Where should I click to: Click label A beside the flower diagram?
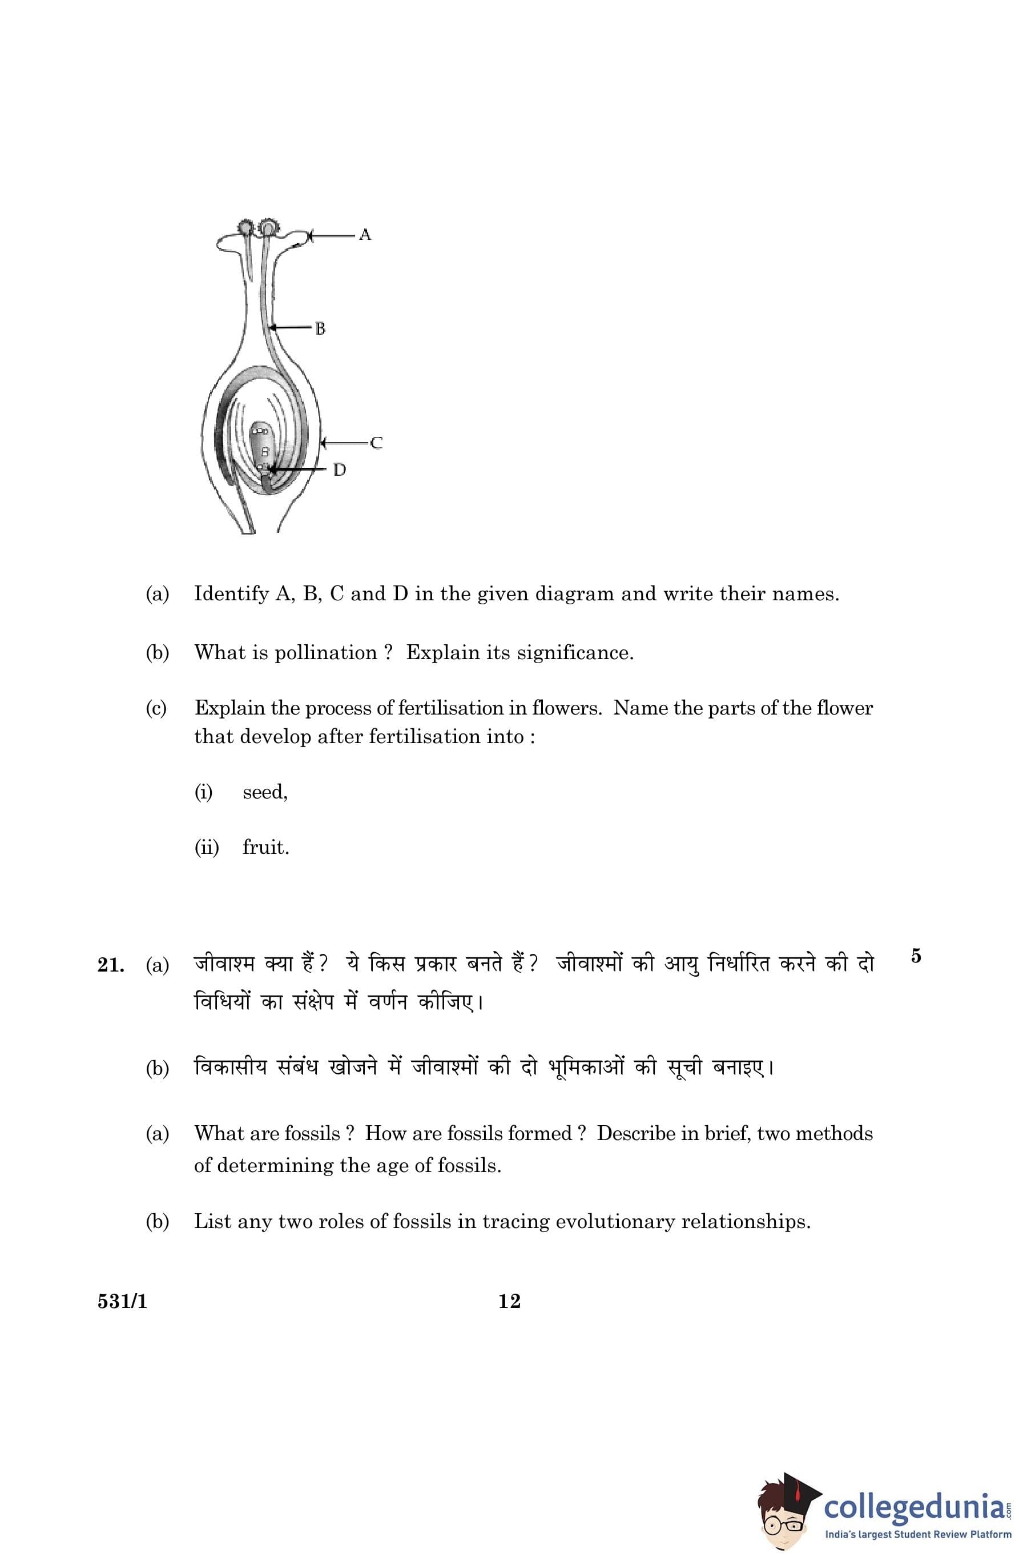(365, 234)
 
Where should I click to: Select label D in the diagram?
(340, 469)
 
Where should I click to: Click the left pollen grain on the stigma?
(246, 228)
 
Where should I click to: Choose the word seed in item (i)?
(264, 792)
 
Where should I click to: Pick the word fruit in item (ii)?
(265, 848)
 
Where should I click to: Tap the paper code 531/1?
(122, 1301)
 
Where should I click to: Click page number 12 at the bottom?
(509, 1301)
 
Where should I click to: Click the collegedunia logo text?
(915, 1503)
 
